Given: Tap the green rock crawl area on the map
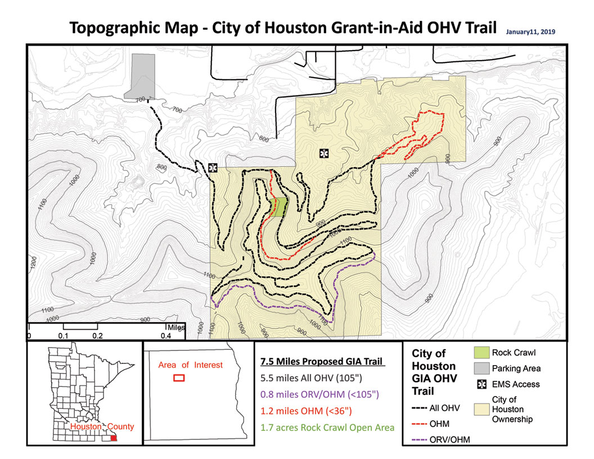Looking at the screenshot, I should click(278, 207).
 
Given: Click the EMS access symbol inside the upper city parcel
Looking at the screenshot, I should click(323, 152).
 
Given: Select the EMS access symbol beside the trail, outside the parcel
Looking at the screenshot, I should click(213, 168).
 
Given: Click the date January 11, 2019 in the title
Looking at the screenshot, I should click(530, 32).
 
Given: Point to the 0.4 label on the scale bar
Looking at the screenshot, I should click(166, 336).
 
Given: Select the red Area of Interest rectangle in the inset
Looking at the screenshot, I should click(179, 379).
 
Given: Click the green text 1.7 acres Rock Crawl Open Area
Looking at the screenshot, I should click(327, 427).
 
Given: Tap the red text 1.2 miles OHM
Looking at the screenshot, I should click(303, 411).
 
